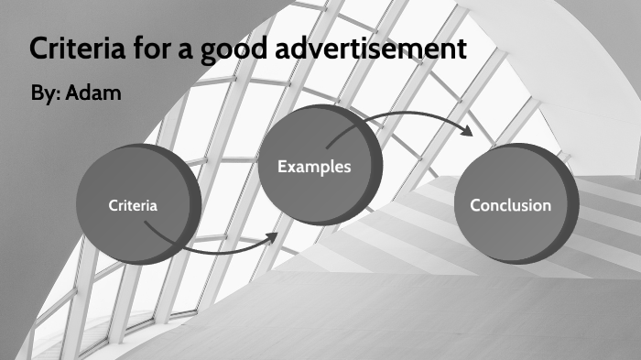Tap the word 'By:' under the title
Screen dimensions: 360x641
click(x=45, y=94)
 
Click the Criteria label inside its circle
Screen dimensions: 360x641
click(x=133, y=205)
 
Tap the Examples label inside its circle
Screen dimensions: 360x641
click(x=314, y=167)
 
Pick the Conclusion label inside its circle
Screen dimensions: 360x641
click(x=510, y=205)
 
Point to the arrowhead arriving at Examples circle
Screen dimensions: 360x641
click(x=272, y=235)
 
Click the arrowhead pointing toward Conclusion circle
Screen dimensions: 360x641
click(x=468, y=131)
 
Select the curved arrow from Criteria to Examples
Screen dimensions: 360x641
click(x=211, y=245)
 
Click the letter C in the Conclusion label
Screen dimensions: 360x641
click(x=475, y=205)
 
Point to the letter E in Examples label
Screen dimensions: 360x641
click(x=282, y=167)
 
